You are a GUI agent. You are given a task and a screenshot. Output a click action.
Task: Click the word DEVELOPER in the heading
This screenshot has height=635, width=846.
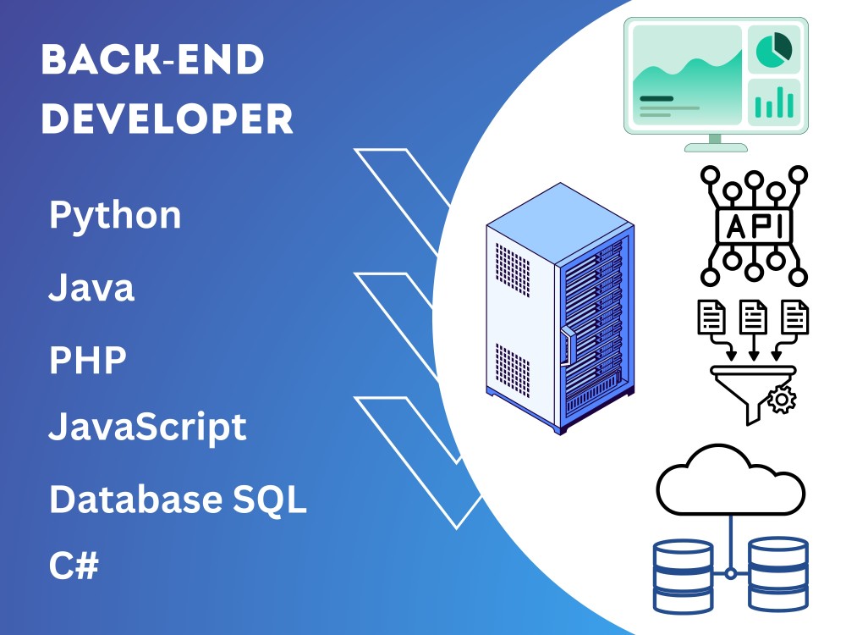click(x=168, y=119)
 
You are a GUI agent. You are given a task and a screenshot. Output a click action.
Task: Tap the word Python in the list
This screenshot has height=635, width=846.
click(x=115, y=216)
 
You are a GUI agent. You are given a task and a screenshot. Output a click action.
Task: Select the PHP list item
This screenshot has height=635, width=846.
click(x=88, y=360)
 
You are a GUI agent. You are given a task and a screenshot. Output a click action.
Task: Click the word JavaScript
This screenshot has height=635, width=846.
click(x=147, y=428)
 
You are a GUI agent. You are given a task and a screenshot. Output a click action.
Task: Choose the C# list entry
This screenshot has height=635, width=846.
click(x=74, y=565)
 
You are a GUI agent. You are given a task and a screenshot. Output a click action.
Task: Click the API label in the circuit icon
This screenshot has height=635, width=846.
click(x=755, y=226)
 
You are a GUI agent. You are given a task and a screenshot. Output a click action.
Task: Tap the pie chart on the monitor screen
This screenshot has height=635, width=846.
click(x=774, y=49)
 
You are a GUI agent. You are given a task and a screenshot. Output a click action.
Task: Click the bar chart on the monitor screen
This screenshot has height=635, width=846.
click(x=774, y=102)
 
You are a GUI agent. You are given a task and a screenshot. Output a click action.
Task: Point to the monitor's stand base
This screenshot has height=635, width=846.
click(x=716, y=147)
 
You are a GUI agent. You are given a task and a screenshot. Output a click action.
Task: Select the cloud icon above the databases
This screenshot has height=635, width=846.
click(x=731, y=480)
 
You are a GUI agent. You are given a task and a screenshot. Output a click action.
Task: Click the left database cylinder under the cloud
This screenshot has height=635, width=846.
click(x=683, y=576)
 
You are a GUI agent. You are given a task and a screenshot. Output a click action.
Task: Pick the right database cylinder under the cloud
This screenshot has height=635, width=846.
click(x=778, y=574)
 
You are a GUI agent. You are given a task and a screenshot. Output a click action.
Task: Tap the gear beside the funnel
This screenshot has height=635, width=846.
click(x=781, y=400)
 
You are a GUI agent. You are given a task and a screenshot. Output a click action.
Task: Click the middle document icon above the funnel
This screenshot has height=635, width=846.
click(x=753, y=317)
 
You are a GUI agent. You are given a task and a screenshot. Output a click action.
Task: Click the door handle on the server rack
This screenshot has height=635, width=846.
click(x=568, y=345)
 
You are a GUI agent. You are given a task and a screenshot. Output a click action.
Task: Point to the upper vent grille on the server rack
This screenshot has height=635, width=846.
click(x=513, y=269)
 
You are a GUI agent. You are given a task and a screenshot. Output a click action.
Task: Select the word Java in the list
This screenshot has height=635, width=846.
click(x=91, y=288)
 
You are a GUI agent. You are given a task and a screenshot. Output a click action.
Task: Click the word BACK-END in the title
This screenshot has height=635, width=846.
click(x=152, y=59)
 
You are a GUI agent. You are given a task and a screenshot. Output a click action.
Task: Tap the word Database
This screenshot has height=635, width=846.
click(x=135, y=499)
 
